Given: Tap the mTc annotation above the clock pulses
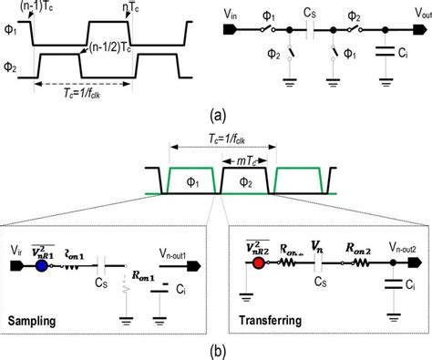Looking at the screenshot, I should pyautogui.click(x=242, y=161).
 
